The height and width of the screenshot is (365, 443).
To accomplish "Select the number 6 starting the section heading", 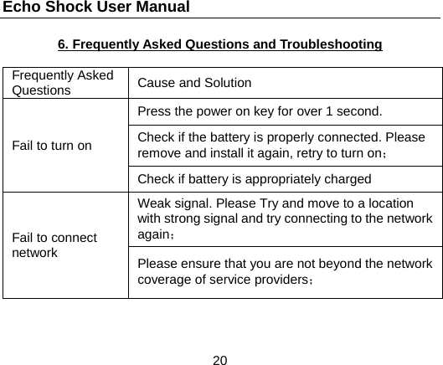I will point(62,44).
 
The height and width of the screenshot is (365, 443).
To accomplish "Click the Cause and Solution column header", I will point(194,83).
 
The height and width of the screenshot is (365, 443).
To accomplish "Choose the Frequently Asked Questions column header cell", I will point(64,82).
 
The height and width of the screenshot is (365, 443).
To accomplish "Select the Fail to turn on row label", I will point(52,145).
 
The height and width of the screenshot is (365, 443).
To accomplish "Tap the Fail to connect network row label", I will point(54,244).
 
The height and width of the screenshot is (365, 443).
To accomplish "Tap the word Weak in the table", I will point(153,203).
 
